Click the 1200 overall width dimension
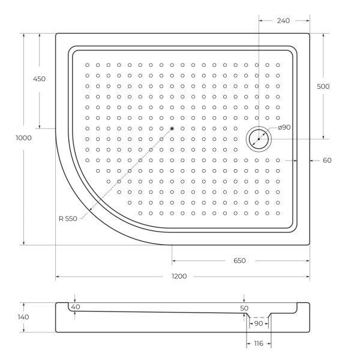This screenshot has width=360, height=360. [x=179, y=277]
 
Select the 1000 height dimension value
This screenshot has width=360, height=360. [x=24, y=138]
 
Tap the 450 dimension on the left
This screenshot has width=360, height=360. [x=39, y=79]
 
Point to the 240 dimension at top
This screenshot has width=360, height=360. [x=284, y=20]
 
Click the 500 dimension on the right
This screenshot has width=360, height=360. [x=323, y=86]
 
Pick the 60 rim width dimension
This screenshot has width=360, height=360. [x=327, y=160]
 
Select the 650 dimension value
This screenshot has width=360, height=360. [x=239, y=261]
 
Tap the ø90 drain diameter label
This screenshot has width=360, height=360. [x=284, y=127]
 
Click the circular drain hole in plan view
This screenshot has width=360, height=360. [x=259, y=139]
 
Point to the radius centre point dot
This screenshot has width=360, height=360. [x=172, y=128]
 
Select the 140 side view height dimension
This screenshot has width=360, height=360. [x=23, y=317]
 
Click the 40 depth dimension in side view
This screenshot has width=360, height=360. [x=75, y=307]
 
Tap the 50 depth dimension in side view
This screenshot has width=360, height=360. [x=244, y=308]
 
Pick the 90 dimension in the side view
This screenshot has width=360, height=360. [x=259, y=323]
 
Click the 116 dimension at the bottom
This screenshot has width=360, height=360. [x=259, y=343]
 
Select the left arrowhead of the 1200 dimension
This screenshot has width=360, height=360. [x=58, y=277]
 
